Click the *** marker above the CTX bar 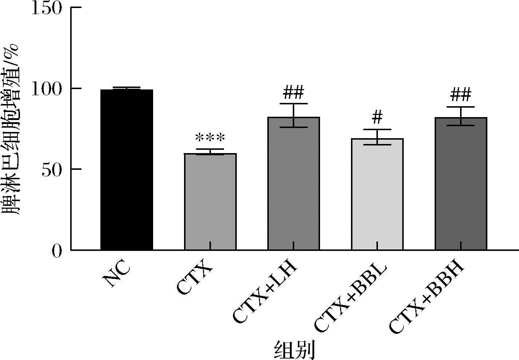tap(210, 139)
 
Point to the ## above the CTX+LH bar tap(294, 93)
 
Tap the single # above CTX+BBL tap(378, 117)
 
